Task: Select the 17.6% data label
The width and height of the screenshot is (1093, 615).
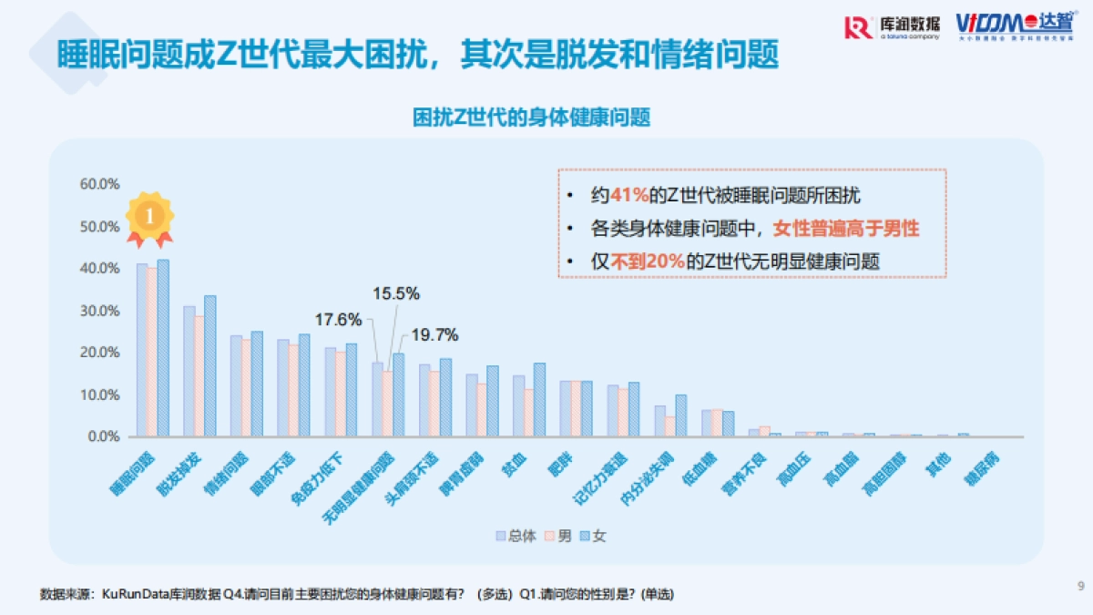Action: click(x=339, y=320)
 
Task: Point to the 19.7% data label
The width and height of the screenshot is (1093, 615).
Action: click(x=435, y=334)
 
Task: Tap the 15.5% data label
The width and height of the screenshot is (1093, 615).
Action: click(x=395, y=293)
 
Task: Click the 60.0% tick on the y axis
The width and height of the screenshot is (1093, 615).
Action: click(x=100, y=184)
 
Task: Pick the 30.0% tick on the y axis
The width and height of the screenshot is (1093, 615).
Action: click(x=100, y=311)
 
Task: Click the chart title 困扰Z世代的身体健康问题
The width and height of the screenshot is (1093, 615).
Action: click(x=532, y=118)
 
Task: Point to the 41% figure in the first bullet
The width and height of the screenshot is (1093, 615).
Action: click(x=628, y=196)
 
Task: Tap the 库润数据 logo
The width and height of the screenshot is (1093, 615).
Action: click(x=892, y=27)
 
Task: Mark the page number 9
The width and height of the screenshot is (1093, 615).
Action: click(x=1080, y=585)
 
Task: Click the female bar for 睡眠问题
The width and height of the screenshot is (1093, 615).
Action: click(x=163, y=348)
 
